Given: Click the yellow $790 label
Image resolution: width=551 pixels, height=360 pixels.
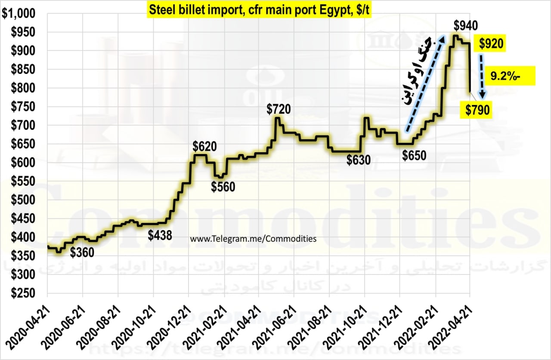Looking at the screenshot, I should pyautogui.click(x=478, y=111).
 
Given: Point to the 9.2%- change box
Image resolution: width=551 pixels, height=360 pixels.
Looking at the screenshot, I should pyautogui.click(x=511, y=77).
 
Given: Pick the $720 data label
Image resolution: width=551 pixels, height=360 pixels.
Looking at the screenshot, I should pyautogui.click(x=279, y=109).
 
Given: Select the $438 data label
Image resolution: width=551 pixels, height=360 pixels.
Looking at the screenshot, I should pyautogui.click(x=160, y=235).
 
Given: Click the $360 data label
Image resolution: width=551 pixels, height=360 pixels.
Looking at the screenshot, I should pyautogui.click(x=82, y=253).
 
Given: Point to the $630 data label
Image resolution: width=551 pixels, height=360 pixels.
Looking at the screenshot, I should pyautogui.click(x=359, y=161).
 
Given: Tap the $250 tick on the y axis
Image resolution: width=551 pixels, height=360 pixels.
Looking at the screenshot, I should pyautogui.click(x=22, y=293).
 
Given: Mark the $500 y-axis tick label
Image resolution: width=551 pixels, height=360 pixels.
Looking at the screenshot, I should pyautogui.click(x=22, y=200).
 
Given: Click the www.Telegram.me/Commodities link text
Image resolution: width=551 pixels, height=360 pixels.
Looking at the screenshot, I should pyautogui.click(x=253, y=239).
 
